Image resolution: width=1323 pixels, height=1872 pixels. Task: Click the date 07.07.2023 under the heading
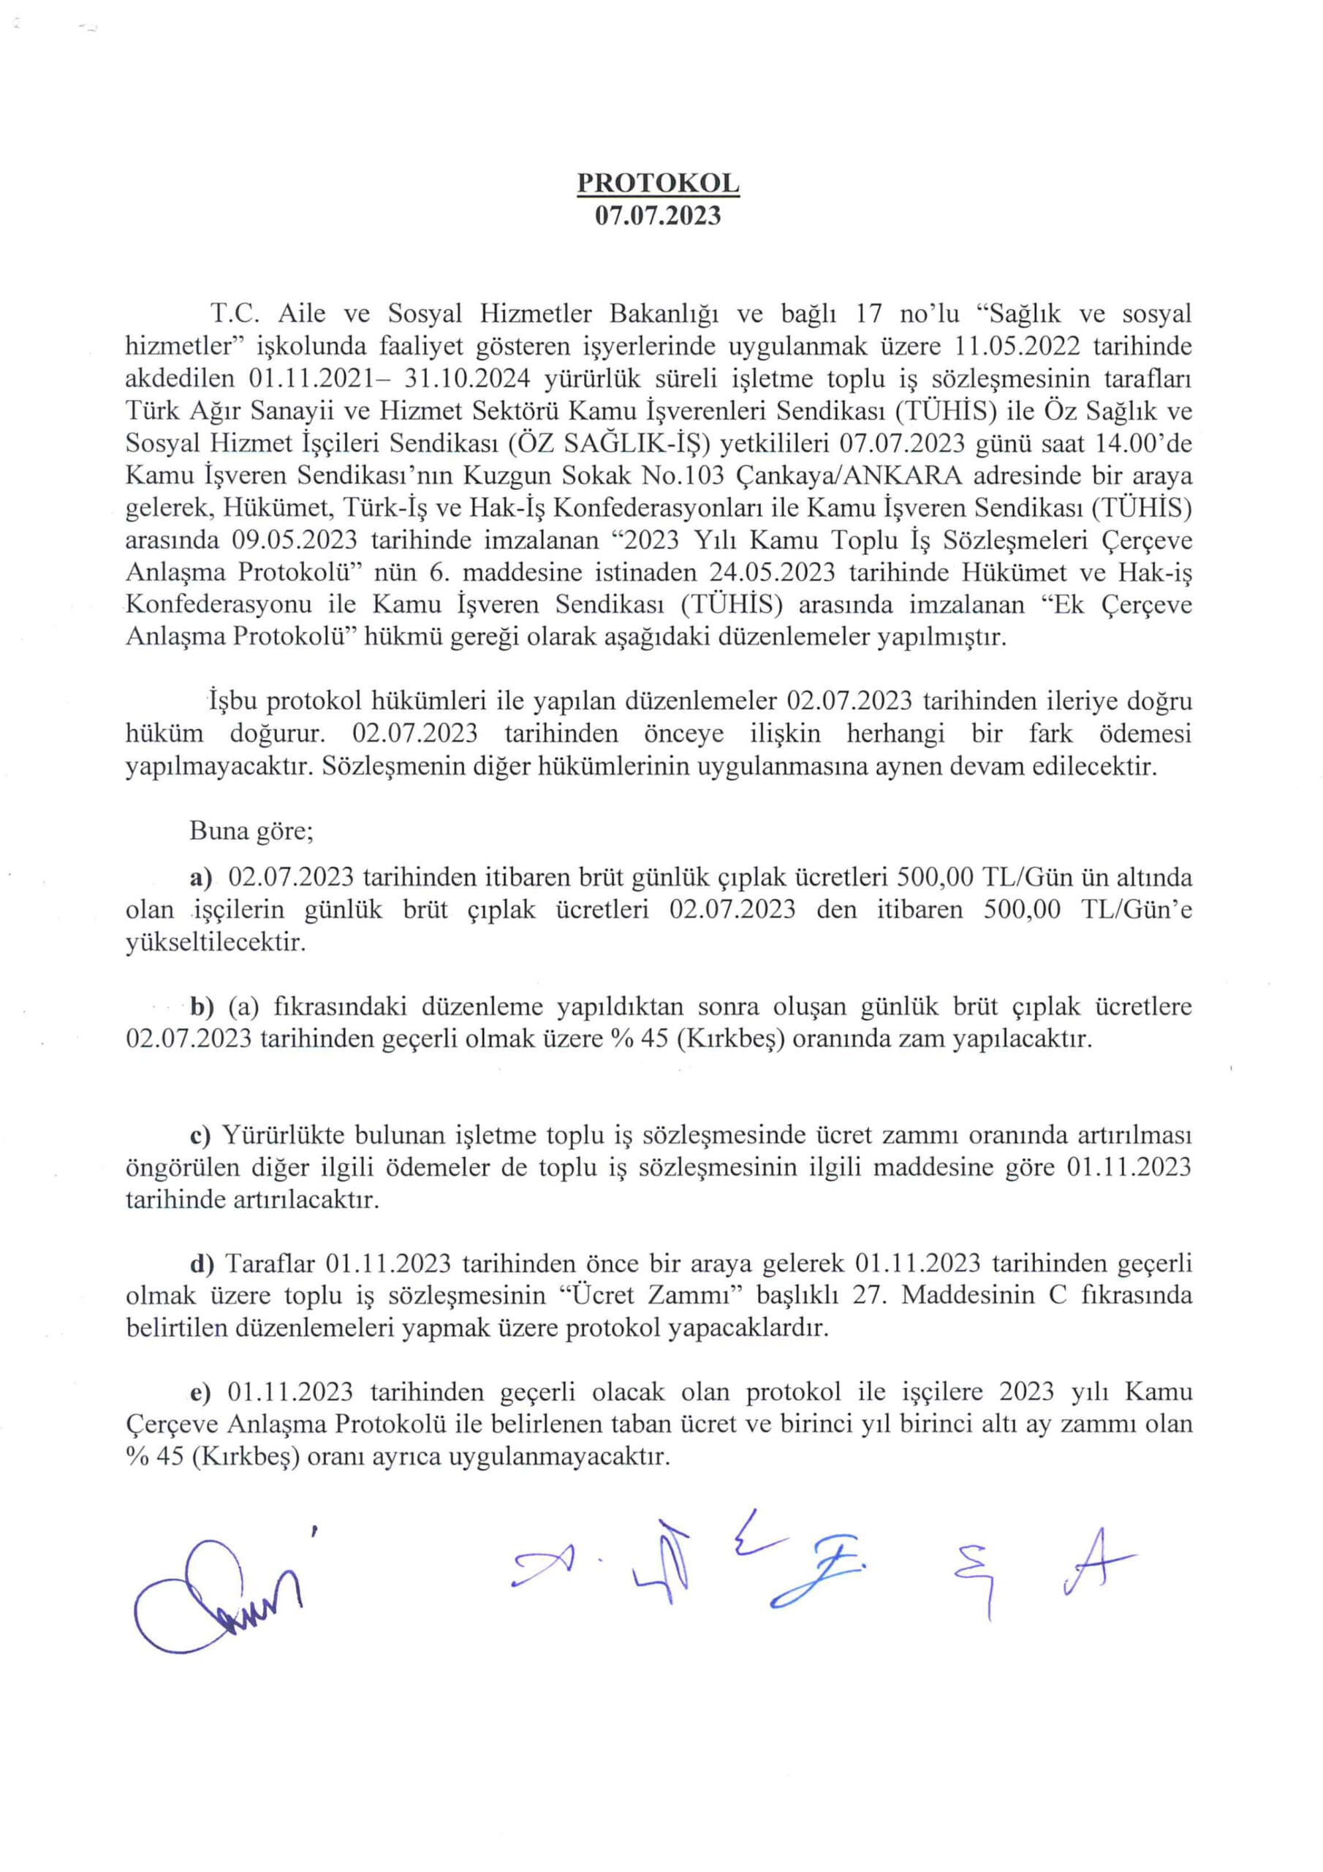(658, 215)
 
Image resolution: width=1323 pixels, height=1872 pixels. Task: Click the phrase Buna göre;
(251, 831)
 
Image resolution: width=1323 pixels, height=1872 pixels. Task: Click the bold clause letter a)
(200, 877)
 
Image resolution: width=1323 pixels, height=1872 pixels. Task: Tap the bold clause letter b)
(201, 1007)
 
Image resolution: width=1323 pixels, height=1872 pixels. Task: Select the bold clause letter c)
(200, 1135)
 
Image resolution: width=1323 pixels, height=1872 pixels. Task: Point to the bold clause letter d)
(201, 1264)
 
